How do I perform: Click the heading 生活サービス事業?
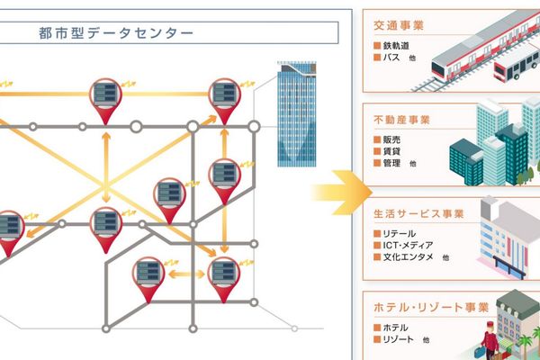(x=418, y=213)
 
